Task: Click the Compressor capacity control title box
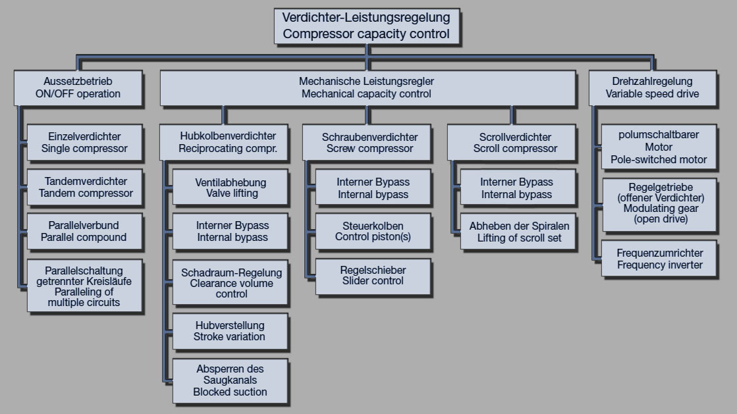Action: [x=366, y=26]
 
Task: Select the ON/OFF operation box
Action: [x=78, y=88]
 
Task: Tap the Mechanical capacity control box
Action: [x=366, y=88]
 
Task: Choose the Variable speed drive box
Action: [x=652, y=88]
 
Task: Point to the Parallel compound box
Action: [x=84, y=230]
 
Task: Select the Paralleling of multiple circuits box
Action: [x=84, y=286]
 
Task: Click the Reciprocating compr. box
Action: [x=223, y=142]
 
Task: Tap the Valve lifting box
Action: [x=231, y=188]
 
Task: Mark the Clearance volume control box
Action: [x=231, y=283]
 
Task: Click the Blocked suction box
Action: [x=230, y=380]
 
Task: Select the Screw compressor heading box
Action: [x=369, y=142]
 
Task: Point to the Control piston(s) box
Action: [x=373, y=230]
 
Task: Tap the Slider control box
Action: [x=373, y=276]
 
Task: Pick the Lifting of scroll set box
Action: [x=519, y=232]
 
